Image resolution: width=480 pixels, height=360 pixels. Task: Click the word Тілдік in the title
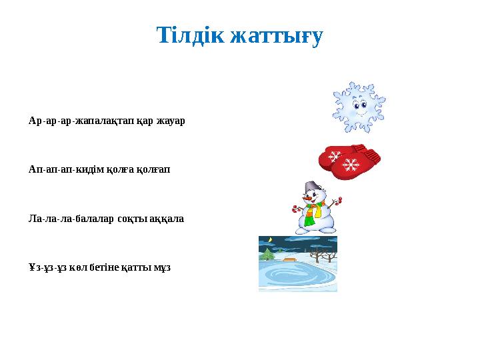click(189, 35)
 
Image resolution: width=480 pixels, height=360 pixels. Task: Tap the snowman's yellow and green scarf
click(311, 212)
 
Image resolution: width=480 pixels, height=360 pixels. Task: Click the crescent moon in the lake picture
click(270, 240)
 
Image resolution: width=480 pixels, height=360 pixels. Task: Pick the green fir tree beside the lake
click(268, 255)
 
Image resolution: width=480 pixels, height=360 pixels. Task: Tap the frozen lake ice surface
click(297, 275)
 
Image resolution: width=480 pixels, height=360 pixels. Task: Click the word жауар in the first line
click(171, 121)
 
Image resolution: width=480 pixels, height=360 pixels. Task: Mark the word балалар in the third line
click(95, 219)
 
